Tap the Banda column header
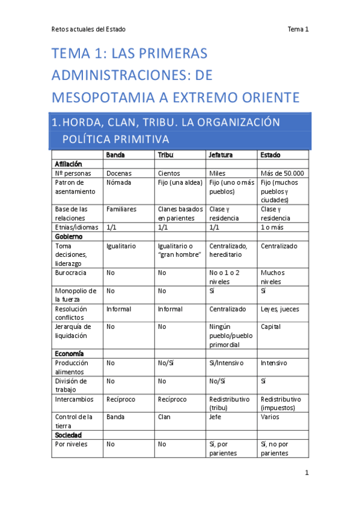pyautogui.click(x=115, y=155)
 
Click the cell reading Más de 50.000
pyautogui.click(x=282, y=173)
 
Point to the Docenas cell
pyautogui.click(x=119, y=173)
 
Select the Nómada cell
pyautogui.click(x=118, y=182)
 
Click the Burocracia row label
pyautogui.click(x=71, y=272)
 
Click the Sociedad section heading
pyautogui.click(x=68, y=434)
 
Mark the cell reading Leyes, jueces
pyautogui.click(x=279, y=309)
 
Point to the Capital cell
pyautogui.click(x=270, y=327)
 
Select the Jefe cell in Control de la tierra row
pyautogui.click(x=215, y=416)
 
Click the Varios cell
pyautogui.click(x=270, y=416)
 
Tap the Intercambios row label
pyautogui.click(x=75, y=399)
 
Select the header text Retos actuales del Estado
pyautogui.click(x=88, y=29)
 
